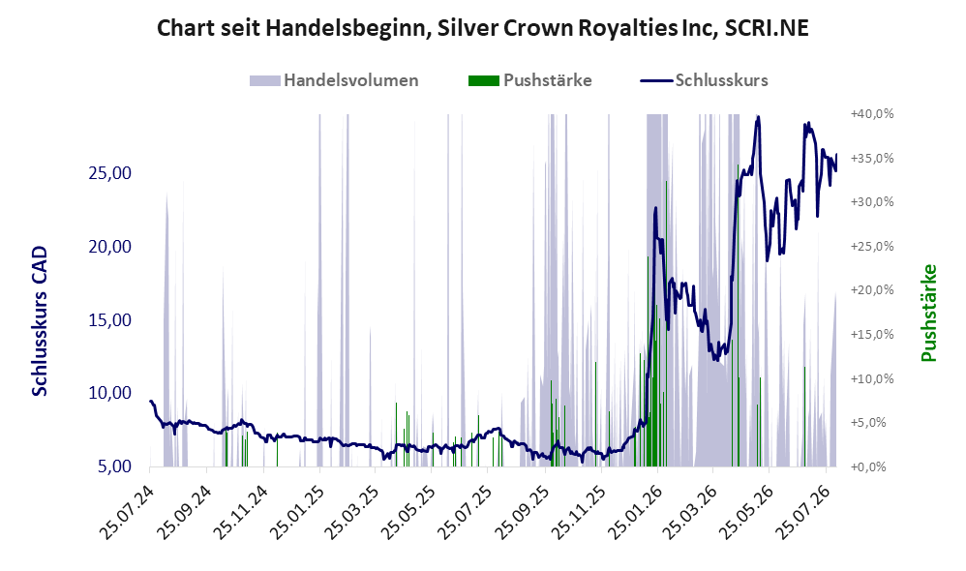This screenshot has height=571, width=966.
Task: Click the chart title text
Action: pos(482,28)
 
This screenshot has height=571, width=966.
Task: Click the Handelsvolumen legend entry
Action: pos(334,80)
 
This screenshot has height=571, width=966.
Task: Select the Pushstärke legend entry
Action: pos(530,80)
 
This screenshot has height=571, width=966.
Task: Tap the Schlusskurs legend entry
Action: pos(704,80)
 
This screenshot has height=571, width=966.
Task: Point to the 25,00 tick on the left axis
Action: pos(110,173)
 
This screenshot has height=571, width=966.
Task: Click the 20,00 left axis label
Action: pos(110,247)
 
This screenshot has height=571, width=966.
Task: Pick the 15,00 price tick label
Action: pos(110,319)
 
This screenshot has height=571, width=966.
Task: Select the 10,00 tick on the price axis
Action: pos(110,393)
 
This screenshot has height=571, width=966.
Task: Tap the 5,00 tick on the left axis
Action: pos(114,466)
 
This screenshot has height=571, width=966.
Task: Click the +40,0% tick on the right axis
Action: pos(872,114)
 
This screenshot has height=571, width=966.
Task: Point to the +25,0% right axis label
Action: pos(872,247)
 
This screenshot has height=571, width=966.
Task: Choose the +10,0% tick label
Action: pos(872,378)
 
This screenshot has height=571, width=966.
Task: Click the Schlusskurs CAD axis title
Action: pos(40,321)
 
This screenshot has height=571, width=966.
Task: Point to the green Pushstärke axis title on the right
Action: pos(928,313)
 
